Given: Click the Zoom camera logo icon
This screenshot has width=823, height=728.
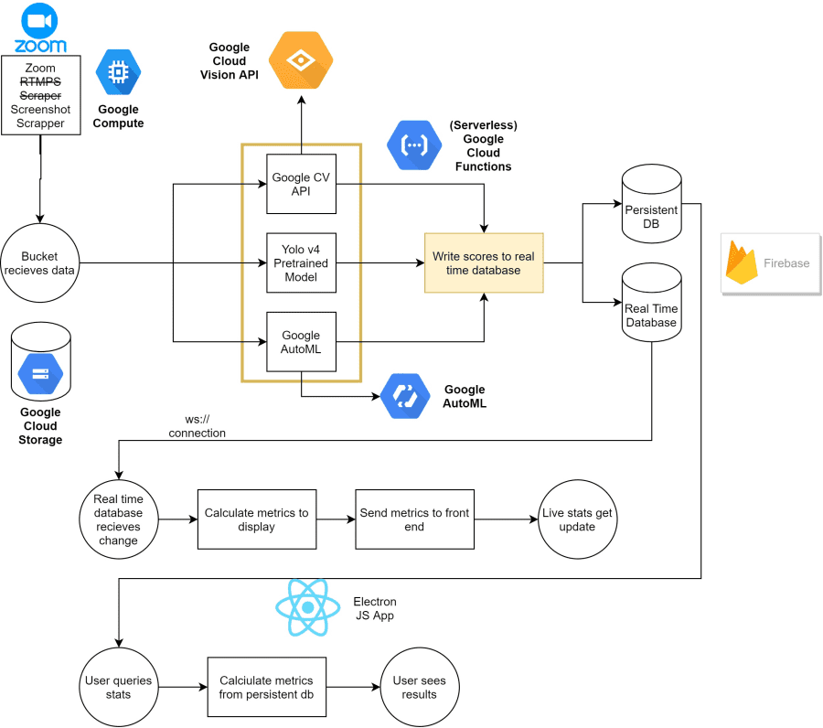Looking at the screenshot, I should click(39, 20).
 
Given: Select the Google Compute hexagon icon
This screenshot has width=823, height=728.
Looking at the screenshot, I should click(119, 73).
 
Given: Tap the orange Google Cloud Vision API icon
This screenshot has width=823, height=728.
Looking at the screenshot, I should click(301, 60).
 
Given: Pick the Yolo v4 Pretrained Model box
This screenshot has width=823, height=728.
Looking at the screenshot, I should click(301, 263).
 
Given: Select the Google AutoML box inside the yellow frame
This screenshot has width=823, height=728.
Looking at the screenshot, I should click(301, 341).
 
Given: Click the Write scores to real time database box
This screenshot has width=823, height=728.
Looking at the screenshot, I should click(484, 262).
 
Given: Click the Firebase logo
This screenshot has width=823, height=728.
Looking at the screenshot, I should click(769, 262).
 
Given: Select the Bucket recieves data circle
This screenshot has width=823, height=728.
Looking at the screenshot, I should click(39, 262).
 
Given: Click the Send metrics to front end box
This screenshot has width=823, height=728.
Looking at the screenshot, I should click(414, 519).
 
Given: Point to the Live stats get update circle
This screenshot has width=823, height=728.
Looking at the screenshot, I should click(576, 519).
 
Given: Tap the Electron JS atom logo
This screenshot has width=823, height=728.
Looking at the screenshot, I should click(308, 608).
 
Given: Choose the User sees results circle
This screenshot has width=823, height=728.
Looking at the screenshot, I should click(419, 687).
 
